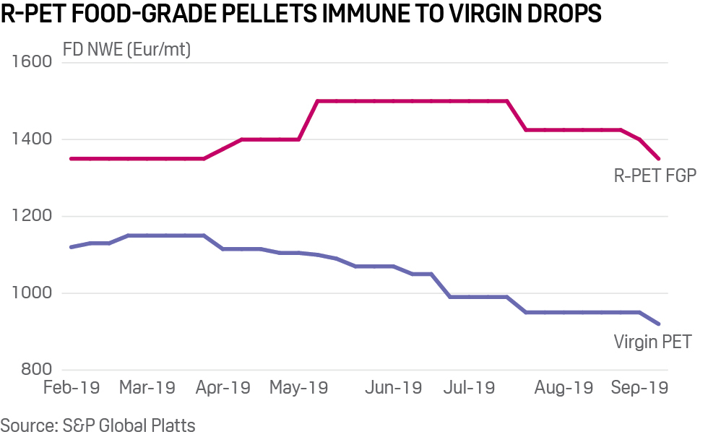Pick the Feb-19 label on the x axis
pyautogui.click(x=72, y=388)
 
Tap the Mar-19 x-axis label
pyautogui.click(x=147, y=388)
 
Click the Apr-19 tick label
pyautogui.click(x=223, y=388)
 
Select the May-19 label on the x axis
pyautogui.click(x=298, y=388)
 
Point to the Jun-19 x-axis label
pyautogui.click(x=393, y=388)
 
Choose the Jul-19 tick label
pyautogui.click(x=468, y=388)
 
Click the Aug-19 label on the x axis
pyautogui.click(x=563, y=388)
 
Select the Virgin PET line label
pyautogui.click(x=652, y=342)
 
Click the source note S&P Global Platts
pyautogui.click(x=98, y=425)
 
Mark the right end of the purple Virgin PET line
pyautogui.click(x=659, y=324)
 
